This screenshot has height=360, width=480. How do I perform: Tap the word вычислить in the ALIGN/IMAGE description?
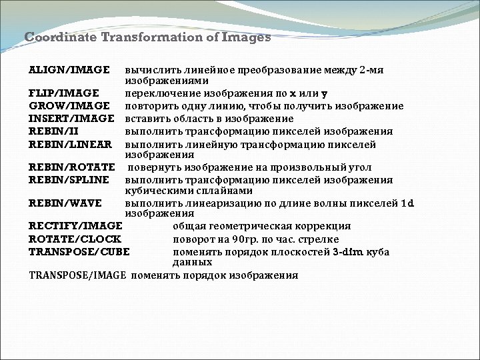[x=148, y=69]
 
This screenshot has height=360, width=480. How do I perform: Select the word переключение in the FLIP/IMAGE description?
[x=157, y=93]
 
